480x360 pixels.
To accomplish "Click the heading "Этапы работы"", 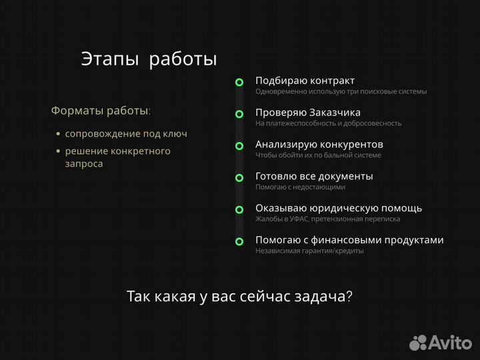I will pos(149,59).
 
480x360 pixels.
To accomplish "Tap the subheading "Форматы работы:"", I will pos(101,110).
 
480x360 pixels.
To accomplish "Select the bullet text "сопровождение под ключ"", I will pos(126,133).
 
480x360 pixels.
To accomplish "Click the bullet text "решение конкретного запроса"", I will pos(117,157).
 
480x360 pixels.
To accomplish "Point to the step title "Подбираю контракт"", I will pos(305,81).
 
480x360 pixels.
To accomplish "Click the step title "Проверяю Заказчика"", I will pos(308,112).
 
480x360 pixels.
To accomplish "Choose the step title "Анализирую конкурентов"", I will pos(319,144).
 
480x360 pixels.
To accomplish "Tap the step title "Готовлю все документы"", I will pos(314,176).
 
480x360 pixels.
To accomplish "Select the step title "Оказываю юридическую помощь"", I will pos(338,208).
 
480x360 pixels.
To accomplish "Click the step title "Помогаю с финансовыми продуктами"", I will pos(349,240).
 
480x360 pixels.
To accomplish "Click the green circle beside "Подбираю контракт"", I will pos(239,82).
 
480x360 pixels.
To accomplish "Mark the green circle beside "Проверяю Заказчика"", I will pos(239,114).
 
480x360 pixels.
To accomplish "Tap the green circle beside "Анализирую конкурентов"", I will pos(239,145).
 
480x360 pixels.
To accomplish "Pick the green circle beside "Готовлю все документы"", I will pos(239,177).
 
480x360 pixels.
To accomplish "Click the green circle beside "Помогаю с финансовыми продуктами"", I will pos(239,241).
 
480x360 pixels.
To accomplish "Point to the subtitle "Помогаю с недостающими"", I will pos(300,187).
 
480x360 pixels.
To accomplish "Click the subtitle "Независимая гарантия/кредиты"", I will pos(309,251).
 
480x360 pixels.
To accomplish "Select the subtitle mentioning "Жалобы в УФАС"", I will pos(327,219).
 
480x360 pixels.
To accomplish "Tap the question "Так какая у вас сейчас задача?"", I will pos(239,297).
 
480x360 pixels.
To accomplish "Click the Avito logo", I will pos(441,342).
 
